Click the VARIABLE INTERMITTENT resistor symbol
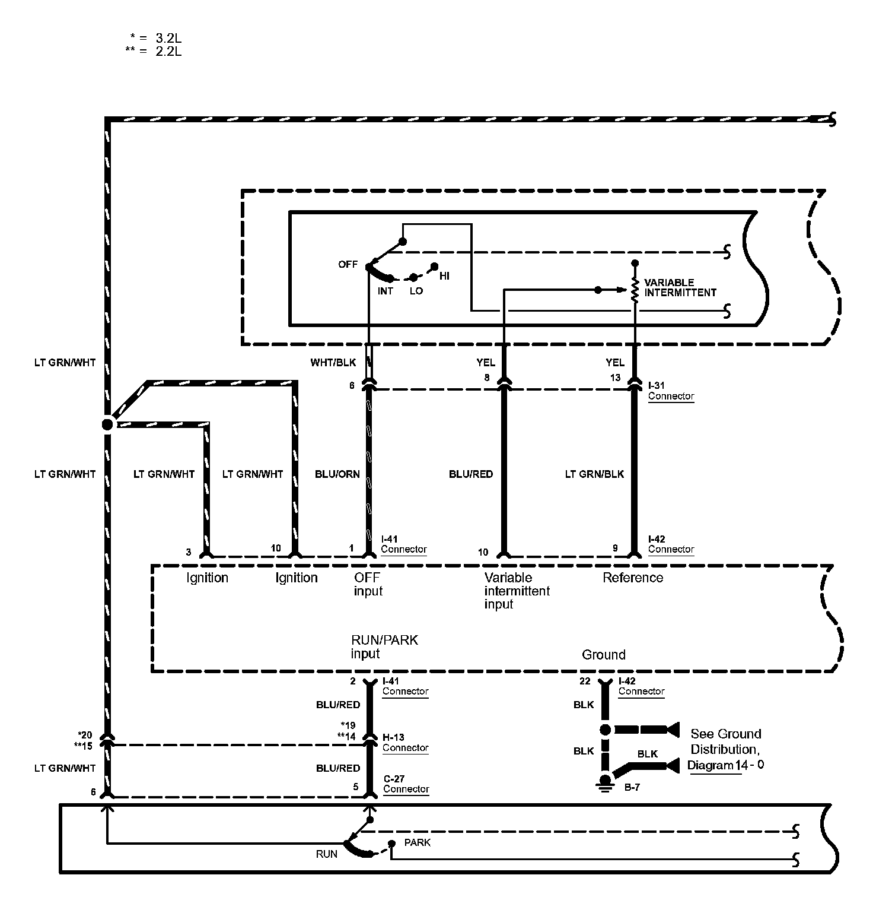pos(635,290)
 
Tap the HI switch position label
pos(444,276)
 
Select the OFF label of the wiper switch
pos(348,264)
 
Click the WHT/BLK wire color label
pos(333,362)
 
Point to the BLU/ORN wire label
pos(337,474)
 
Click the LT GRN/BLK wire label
pos(594,474)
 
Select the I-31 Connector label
pos(671,391)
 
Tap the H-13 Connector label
pos(405,743)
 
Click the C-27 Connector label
pos(406,784)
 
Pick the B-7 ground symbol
pos(605,783)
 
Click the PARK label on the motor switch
pos(418,842)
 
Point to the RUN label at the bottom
pos(326,854)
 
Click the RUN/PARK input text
pos(384,646)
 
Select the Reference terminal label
pos(633,578)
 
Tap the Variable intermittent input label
pos(517,591)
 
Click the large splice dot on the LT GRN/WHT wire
pos(107,424)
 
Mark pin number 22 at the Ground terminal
pos(585,681)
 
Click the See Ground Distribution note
pos(725,749)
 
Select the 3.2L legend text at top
pos(168,38)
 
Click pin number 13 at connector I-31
pos(615,378)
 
